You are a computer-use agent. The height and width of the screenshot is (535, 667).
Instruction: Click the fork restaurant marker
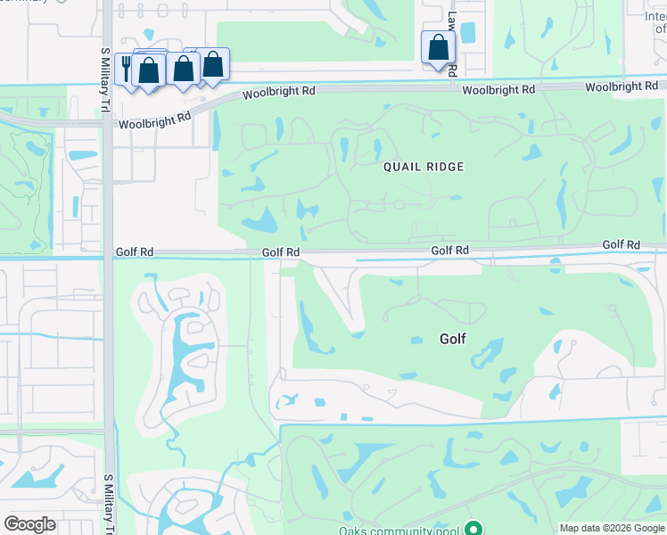[x=125, y=67]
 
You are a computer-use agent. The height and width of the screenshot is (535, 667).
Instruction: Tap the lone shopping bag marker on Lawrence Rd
[x=438, y=46]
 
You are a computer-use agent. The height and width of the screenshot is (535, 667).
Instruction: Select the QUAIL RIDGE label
[x=424, y=167]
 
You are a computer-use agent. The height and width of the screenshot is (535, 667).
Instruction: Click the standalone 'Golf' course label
[x=453, y=339]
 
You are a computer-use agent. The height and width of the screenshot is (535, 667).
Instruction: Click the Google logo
[x=29, y=523]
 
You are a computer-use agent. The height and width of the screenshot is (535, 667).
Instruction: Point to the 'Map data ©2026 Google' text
[x=612, y=528]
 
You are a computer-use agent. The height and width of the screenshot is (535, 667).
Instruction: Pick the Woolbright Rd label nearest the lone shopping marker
[x=498, y=90]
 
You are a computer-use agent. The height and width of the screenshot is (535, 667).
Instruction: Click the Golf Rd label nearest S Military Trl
[x=134, y=252]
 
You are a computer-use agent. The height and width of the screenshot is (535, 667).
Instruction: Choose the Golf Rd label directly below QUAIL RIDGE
[x=449, y=251]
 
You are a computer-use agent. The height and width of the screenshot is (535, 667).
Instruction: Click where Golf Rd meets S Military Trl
[x=108, y=254]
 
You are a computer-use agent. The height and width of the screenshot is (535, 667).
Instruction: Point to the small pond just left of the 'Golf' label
[x=416, y=340]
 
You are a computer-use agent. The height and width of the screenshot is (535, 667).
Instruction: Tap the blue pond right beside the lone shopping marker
[x=467, y=33]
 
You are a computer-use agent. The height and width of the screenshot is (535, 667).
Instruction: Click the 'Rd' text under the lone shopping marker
[x=452, y=69]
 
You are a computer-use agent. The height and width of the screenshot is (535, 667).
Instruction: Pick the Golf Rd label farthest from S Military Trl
[x=621, y=244]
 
